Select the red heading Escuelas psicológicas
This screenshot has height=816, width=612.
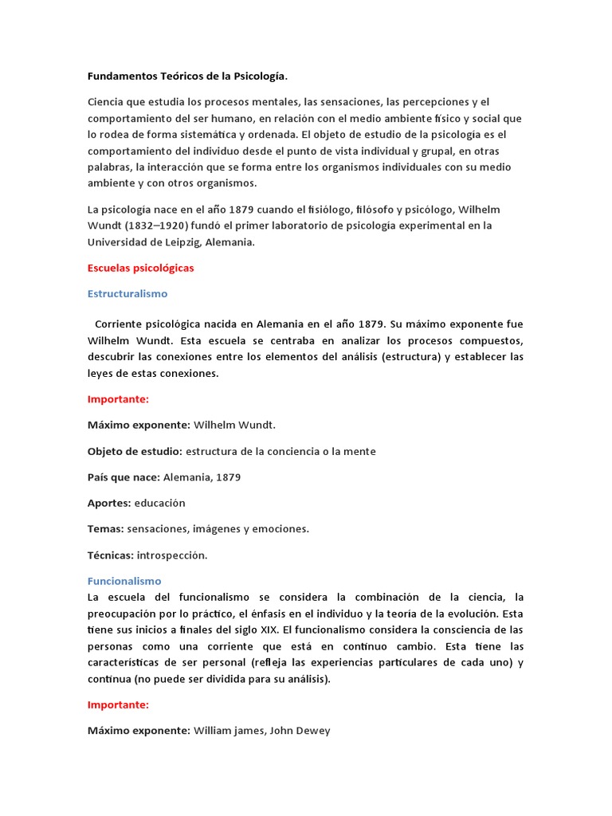tap(140, 269)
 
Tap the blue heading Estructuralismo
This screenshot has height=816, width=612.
tap(127, 294)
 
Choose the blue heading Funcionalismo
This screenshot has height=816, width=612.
tap(124, 582)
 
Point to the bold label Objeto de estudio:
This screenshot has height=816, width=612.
tap(135, 452)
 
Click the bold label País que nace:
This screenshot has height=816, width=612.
tap(124, 477)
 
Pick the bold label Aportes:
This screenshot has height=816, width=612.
tap(109, 503)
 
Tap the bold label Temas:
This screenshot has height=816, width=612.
tap(105, 528)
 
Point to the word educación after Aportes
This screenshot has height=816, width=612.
tap(159, 503)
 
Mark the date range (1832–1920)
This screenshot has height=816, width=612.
tap(164, 226)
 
